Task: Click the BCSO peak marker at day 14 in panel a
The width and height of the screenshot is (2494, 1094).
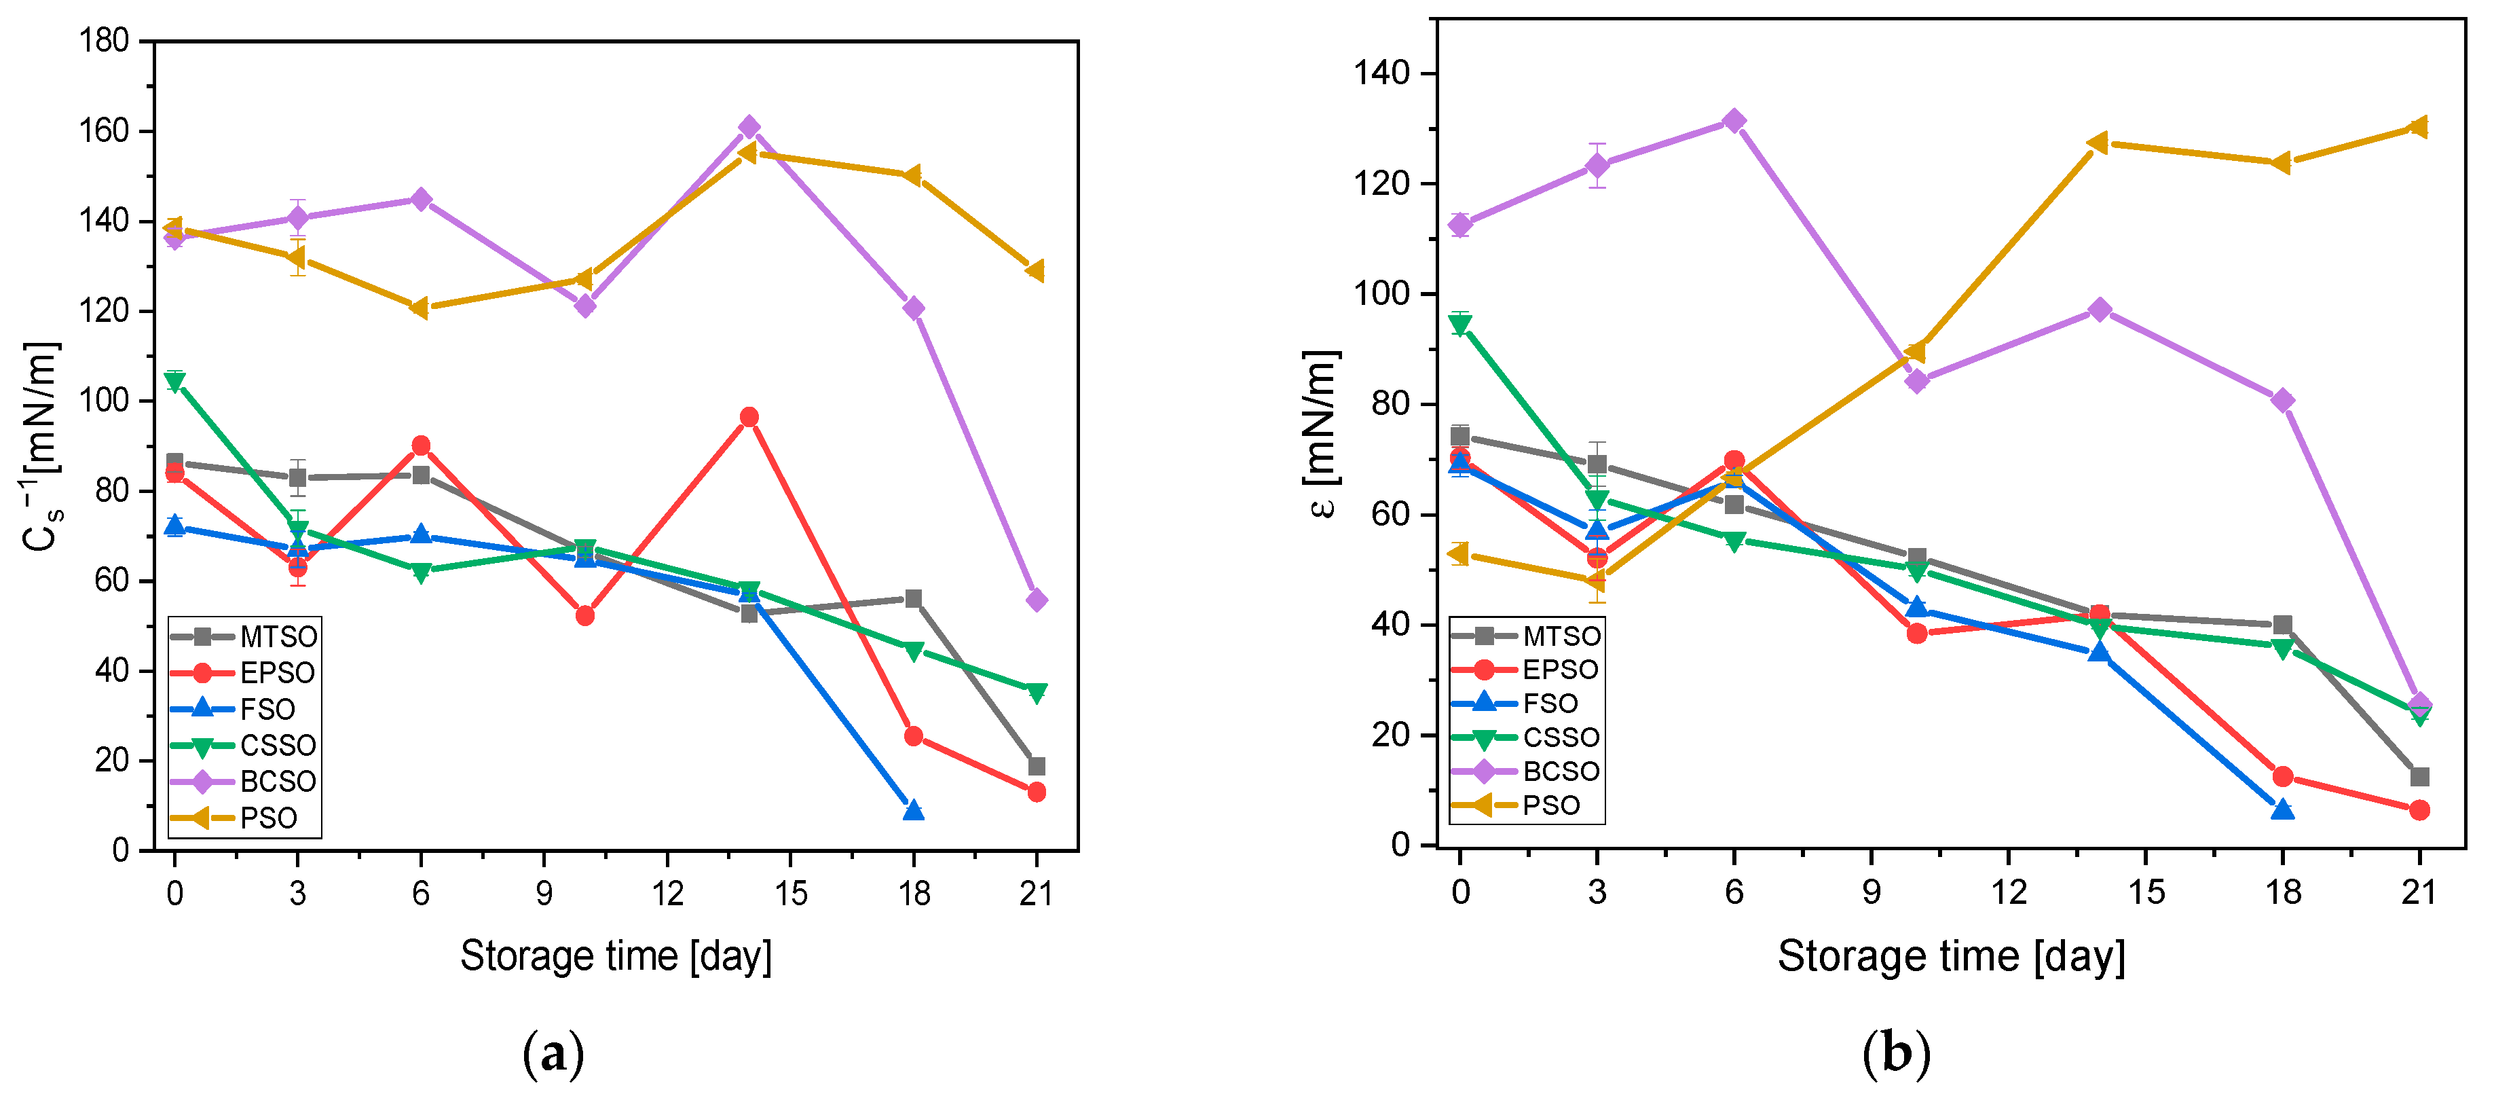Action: (x=748, y=127)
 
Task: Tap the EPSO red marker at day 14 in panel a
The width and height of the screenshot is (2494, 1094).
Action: (x=748, y=417)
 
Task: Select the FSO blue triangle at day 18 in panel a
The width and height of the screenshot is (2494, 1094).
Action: (x=913, y=810)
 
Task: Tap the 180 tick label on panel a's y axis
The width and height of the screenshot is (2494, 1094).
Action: (x=105, y=41)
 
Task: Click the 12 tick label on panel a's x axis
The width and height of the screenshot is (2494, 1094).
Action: (x=667, y=892)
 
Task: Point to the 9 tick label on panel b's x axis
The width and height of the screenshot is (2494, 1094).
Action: (x=1872, y=891)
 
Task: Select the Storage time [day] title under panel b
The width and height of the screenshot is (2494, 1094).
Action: (x=1951, y=957)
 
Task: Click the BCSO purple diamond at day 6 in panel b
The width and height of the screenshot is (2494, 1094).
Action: (x=1734, y=121)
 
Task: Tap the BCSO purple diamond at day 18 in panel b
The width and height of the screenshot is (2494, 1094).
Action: (x=2282, y=400)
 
